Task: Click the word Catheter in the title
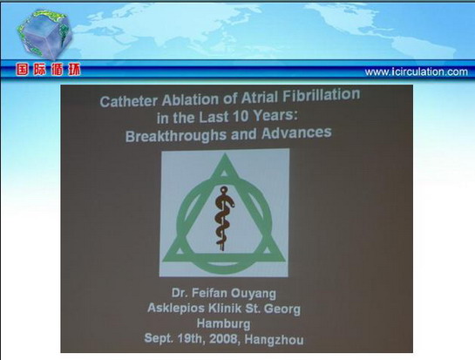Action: click(x=128, y=101)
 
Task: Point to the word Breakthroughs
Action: click(x=176, y=136)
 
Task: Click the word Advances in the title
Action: click(x=296, y=133)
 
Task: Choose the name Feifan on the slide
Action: click(x=210, y=293)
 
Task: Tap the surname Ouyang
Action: click(x=254, y=294)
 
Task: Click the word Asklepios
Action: click(x=176, y=309)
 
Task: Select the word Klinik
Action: click(x=225, y=309)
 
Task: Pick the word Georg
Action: click(x=282, y=309)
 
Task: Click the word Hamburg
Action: click(x=224, y=323)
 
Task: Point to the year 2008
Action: click(x=223, y=339)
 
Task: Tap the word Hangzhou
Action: click(x=274, y=340)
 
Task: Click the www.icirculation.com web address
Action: click(x=417, y=72)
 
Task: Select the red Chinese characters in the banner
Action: click(x=49, y=70)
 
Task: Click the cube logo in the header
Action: click(x=44, y=34)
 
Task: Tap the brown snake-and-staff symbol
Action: click(x=224, y=218)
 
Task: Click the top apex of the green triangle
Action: click(x=225, y=154)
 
